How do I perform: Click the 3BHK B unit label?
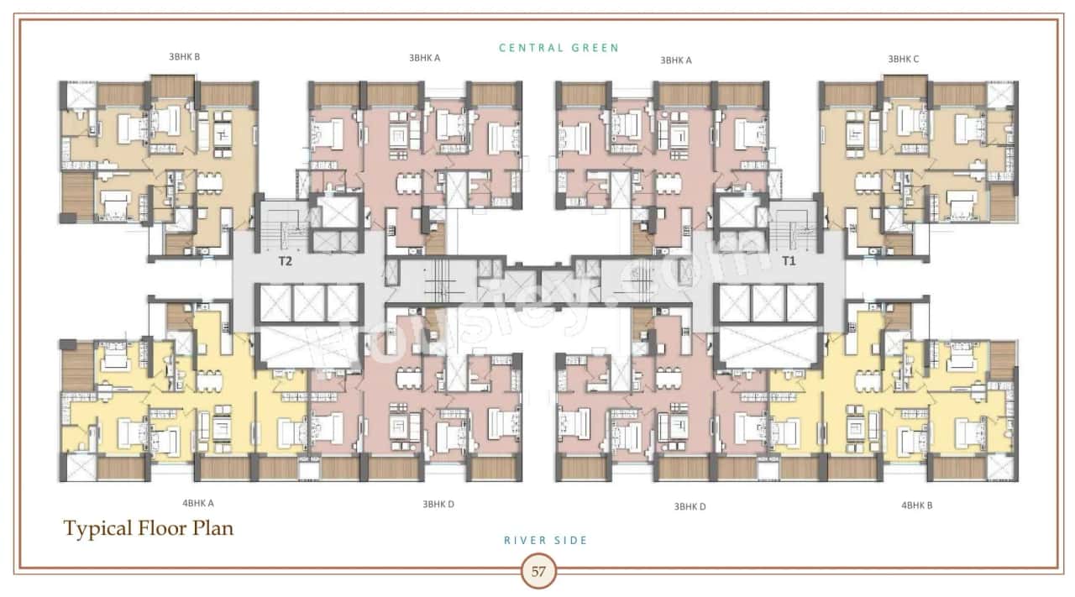click(184, 57)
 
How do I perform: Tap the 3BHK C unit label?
click(904, 59)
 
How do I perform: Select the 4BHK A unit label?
click(198, 504)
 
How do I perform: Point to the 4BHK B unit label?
click(917, 505)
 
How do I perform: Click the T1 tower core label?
click(789, 261)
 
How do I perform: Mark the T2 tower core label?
click(286, 261)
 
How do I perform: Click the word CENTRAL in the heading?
click(531, 48)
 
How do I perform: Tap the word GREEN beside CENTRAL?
click(595, 48)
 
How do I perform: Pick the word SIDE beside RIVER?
click(572, 541)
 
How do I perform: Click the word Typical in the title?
click(97, 529)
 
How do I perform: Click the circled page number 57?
click(538, 573)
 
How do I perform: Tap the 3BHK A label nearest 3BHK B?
click(425, 59)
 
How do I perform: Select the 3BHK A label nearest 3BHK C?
click(676, 60)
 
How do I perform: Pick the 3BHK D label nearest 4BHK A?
click(438, 505)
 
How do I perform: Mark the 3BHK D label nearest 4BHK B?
click(690, 506)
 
